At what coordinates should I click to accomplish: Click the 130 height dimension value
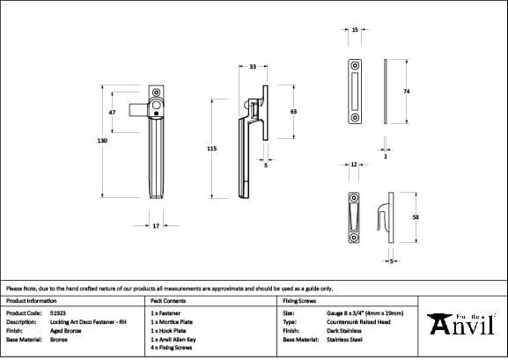103,141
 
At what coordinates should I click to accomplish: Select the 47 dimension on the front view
112,113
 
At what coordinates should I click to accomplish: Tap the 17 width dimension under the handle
155,226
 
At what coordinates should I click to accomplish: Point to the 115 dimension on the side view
211,150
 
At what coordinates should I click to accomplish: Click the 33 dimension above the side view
253,67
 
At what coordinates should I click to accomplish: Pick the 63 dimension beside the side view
293,112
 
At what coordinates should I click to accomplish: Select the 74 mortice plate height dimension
406,92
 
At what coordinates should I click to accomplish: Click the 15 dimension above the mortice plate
355,30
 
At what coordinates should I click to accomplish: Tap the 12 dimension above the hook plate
353,165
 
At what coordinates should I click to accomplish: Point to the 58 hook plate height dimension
415,217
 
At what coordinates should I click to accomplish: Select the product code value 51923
59,312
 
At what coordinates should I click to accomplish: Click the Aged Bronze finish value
66,330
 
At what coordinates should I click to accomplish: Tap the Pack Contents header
168,300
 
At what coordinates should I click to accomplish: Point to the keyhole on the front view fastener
155,113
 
